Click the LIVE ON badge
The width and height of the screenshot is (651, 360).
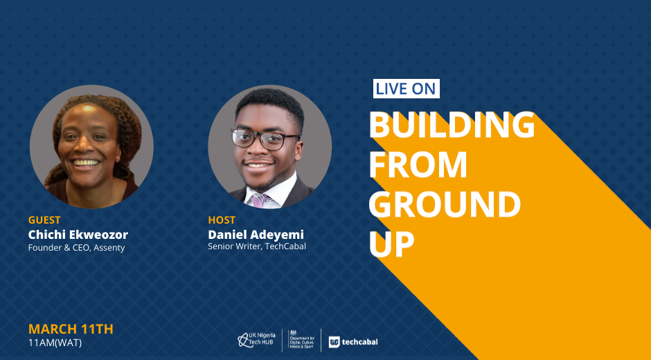coord(406,89)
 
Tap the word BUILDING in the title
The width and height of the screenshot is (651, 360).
coord(452,125)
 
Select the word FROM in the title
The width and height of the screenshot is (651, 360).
coord(418,165)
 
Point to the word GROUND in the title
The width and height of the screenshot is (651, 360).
coord(445,204)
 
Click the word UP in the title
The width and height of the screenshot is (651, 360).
coord(391,244)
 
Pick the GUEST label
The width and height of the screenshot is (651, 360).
coord(44,220)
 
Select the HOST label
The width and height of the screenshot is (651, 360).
coord(222,220)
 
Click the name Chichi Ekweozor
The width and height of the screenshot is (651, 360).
coord(78,235)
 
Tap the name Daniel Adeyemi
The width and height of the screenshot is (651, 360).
coord(256,235)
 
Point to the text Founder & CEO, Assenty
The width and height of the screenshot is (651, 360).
coord(76,248)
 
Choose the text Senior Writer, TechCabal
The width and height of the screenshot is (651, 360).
coord(257,246)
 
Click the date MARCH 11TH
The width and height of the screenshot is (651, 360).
coord(71,330)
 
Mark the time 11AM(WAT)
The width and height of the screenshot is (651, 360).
coord(55,343)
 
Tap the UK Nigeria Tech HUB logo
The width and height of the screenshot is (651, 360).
coord(256,340)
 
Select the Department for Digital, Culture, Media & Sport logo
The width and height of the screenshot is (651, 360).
coord(301,340)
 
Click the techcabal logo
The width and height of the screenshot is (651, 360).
coord(353,342)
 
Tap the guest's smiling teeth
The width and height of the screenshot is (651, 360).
coord(86,163)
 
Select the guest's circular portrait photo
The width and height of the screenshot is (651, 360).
coord(91,147)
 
